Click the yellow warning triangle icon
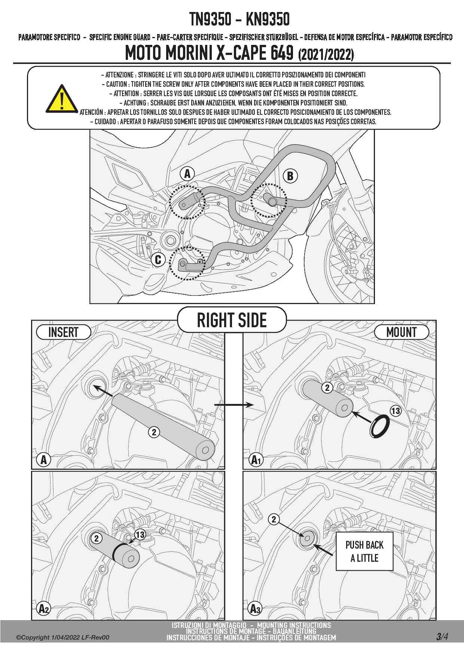tap(62, 99)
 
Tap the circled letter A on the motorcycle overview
tap(187, 174)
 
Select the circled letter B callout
tap(290, 176)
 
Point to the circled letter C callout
tap(158, 260)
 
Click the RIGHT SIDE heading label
tap(232, 321)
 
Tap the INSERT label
tap(63, 332)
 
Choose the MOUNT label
tap(401, 332)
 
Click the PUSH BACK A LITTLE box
tap(364, 551)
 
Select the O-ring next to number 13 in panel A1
tap(379, 426)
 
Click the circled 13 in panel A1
tap(396, 411)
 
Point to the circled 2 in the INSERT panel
tap(154, 432)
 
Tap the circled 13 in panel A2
tap(140, 535)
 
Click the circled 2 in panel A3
tap(274, 519)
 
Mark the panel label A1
tap(256, 460)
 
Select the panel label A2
tap(44, 609)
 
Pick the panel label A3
tap(255, 609)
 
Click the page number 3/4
tap(442, 637)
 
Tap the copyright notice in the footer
tap(63, 637)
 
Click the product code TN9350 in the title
tap(210, 19)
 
